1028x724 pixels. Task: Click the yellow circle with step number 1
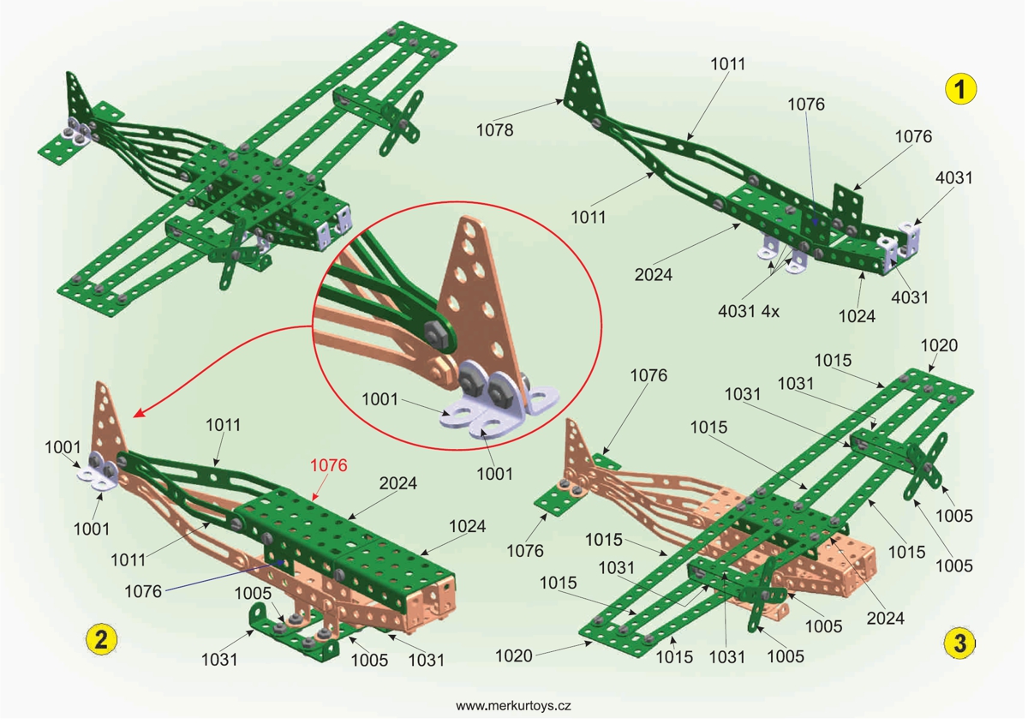coord(960,89)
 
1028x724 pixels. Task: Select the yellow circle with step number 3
coord(959,642)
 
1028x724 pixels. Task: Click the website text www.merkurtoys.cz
coord(513,705)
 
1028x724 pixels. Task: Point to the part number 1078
coord(496,130)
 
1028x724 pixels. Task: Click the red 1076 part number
coord(329,466)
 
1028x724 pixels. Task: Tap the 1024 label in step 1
coord(857,315)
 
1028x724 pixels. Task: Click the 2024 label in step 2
coord(398,483)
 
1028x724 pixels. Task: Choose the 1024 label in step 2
coord(467,526)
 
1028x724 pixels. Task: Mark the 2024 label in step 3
coord(887,617)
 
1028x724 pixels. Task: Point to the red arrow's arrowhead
coord(138,415)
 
